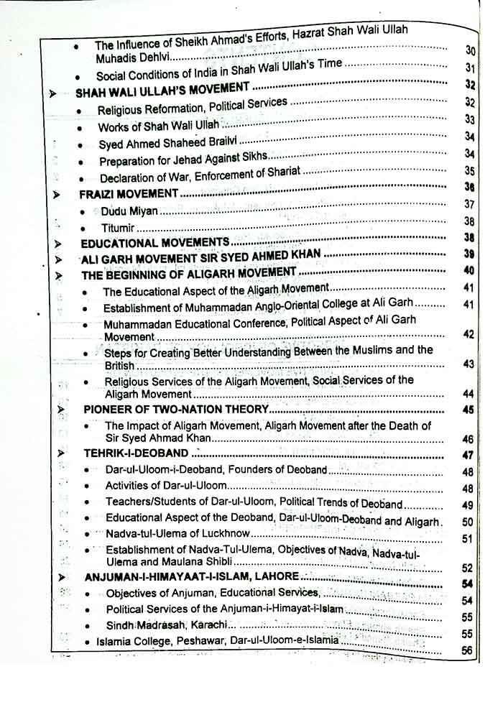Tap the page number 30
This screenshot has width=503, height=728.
click(x=471, y=50)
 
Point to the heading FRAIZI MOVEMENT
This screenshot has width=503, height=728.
click(x=129, y=193)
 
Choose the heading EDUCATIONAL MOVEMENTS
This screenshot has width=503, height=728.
click(x=155, y=242)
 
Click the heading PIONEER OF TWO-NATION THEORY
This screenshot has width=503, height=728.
click(x=176, y=409)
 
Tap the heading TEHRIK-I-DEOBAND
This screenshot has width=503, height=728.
click(x=137, y=453)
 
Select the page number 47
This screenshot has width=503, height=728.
click(x=469, y=455)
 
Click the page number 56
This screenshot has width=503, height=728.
click(x=467, y=650)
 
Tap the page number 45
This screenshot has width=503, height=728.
click(x=469, y=410)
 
